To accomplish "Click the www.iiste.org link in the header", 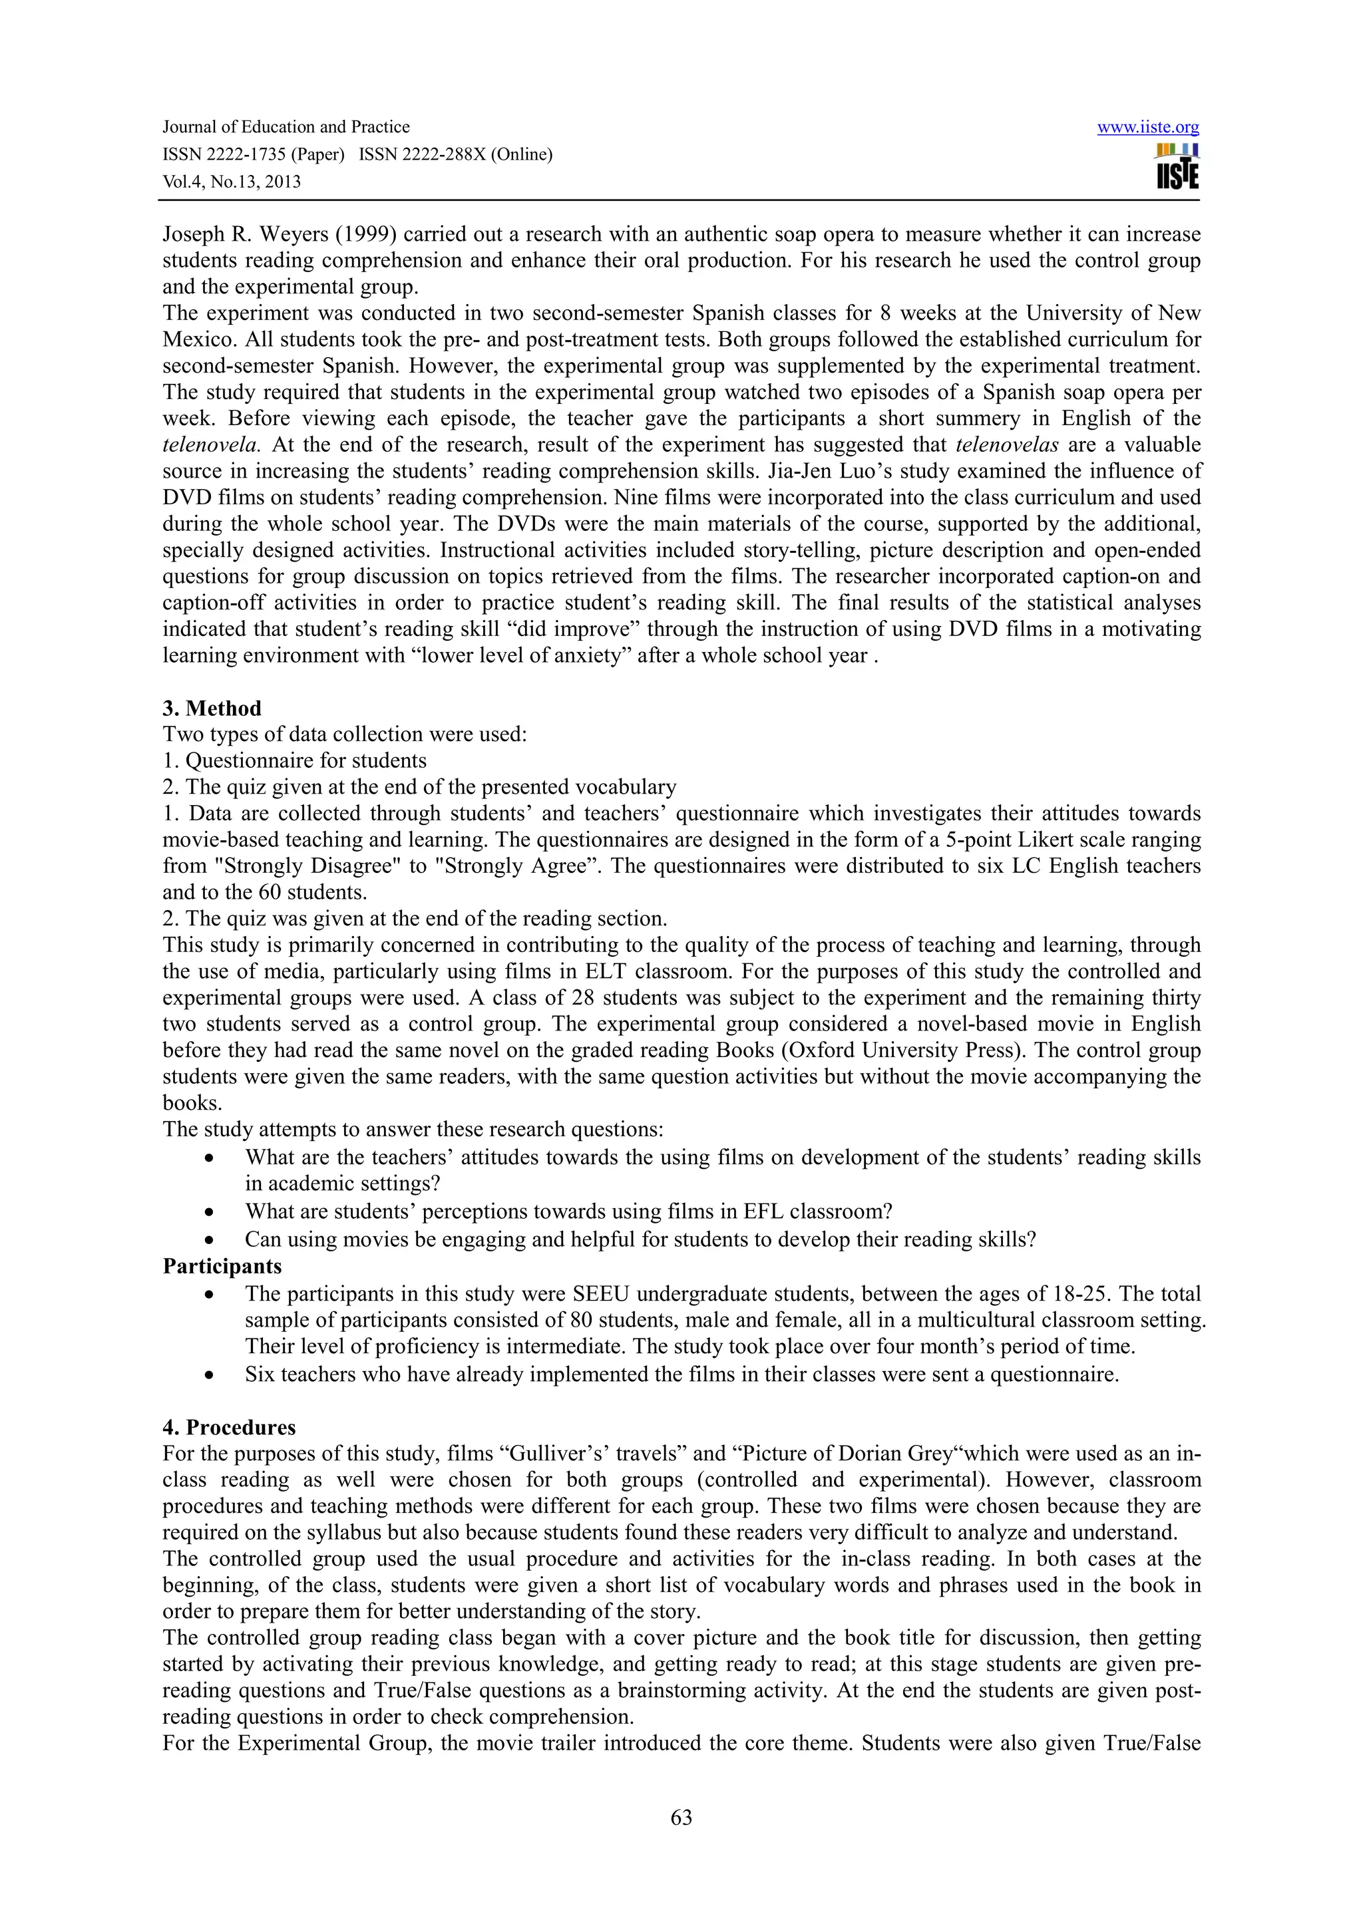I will pos(1147,128).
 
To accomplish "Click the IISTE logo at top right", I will pos(1177,166).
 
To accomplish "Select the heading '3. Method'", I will pos(212,708).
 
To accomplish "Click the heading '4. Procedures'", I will pos(228,1428).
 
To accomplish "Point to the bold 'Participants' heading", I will pos(222,1265).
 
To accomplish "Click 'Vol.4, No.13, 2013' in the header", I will pos(231,182).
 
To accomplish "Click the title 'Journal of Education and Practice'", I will pos(286,127).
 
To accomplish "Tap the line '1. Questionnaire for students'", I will pos(294,761).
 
